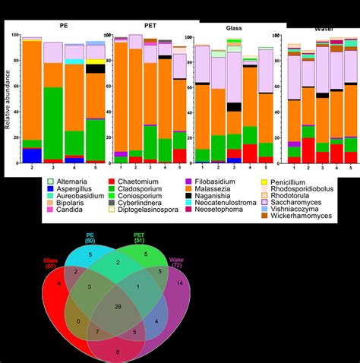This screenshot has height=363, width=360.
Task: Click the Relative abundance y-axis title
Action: [x=8, y=106]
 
